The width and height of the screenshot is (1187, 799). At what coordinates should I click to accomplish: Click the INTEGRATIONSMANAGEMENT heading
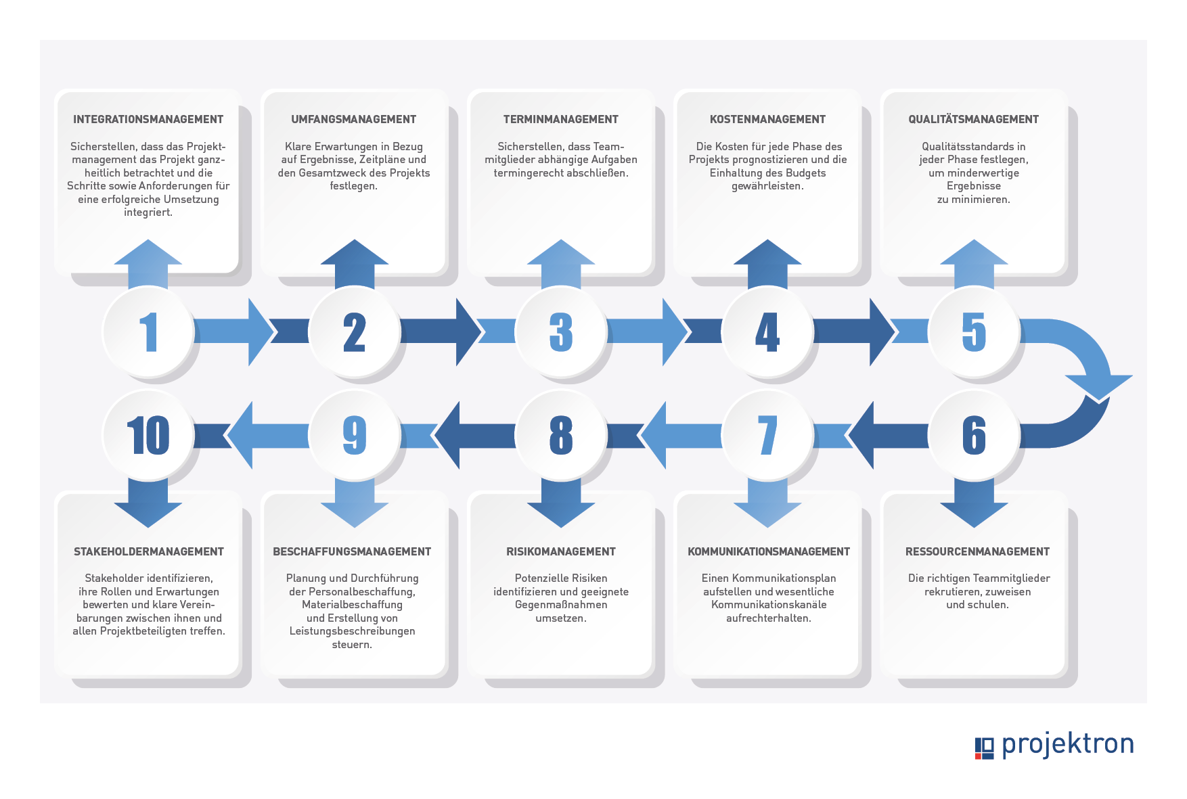tap(148, 120)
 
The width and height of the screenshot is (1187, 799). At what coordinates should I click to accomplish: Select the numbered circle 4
tap(767, 332)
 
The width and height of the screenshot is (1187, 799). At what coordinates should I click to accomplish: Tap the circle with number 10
tap(148, 434)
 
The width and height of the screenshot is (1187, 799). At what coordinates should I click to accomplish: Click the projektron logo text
tap(1067, 744)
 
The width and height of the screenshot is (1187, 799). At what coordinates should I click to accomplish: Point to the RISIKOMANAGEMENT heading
tap(561, 552)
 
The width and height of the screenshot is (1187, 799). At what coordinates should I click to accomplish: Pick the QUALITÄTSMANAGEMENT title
tap(973, 120)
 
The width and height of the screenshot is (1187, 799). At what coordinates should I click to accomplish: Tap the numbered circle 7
tap(767, 434)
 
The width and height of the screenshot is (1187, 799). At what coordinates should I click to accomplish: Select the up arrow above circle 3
tap(561, 264)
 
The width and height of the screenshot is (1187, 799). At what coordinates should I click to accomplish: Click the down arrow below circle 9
tap(355, 503)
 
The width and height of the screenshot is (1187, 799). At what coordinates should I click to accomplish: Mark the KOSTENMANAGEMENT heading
tap(767, 120)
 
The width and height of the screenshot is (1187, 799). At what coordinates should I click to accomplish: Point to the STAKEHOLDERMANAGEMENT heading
tap(149, 552)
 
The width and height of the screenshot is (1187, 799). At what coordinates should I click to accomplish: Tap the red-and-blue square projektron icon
tap(985, 748)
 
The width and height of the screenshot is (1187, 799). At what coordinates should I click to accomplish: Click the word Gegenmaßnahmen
tap(561, 605)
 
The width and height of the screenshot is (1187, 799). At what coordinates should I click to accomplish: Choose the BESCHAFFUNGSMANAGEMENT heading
tap(352, 552)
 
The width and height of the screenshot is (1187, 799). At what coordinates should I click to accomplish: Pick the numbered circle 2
tap(355, 332)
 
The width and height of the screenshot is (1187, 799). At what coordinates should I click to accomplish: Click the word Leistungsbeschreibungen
tap(352, 631)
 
